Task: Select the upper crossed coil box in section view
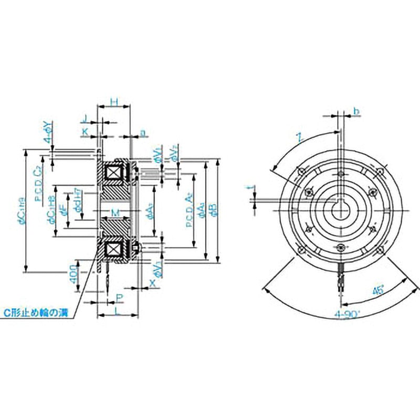click(115, 173)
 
